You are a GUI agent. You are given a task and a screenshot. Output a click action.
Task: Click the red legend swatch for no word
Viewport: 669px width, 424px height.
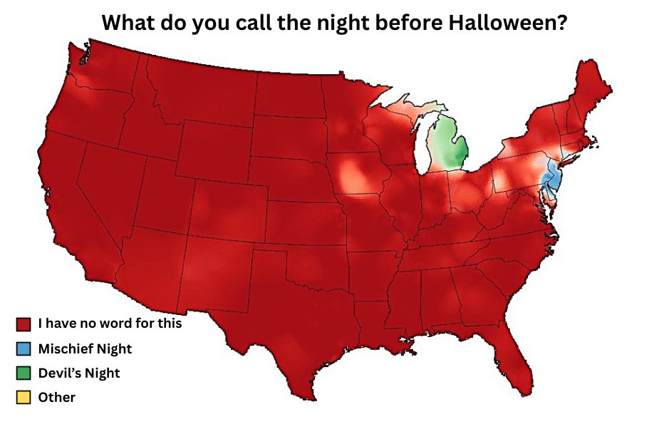pyautogui.click(x=22, y=324)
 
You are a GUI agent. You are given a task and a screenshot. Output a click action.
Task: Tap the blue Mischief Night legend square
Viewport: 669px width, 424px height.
pyautogui.click(x=22, y=349)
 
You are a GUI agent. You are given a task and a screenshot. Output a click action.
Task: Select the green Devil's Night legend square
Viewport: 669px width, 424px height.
pyautogui.click(x=22, y=373)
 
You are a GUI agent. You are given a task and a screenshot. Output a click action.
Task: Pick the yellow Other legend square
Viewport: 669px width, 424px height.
pyautogui.click(x=22, y=398)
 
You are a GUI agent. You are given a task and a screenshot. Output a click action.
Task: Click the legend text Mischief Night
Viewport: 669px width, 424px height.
pyautogui.click(x=85, y=349)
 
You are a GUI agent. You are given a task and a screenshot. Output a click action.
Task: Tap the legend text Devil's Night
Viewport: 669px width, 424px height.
pyautogui.click(x=79, y=373)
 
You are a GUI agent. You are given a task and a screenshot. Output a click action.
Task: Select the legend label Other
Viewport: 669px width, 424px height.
pyautogui.click(x=57, y=398)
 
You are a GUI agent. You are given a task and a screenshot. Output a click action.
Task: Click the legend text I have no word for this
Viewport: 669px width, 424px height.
pyautogui.click(x=110, y=324)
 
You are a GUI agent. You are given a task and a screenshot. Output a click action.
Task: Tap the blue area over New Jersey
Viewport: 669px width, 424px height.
pyautogui.click(x=551, y=175)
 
